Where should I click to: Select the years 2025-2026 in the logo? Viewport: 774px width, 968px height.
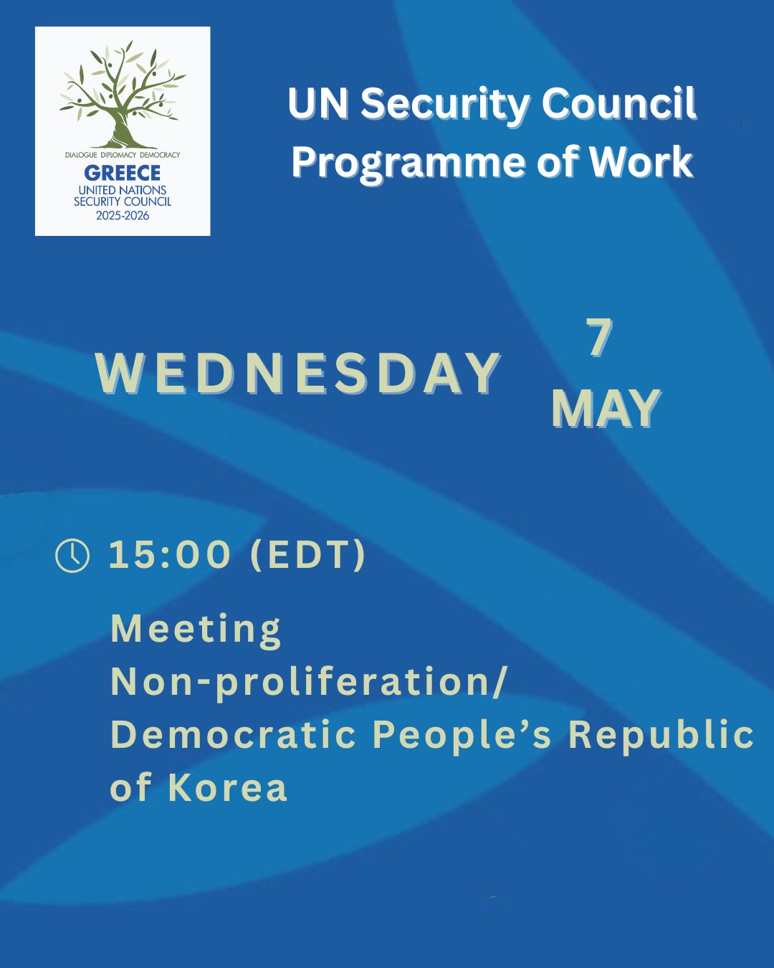[x=123, y=215]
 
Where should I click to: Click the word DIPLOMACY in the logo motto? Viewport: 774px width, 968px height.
[x=118, y=155]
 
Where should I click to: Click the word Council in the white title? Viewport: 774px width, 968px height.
[x=618, y=104]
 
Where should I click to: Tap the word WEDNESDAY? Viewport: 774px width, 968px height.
[x=297, y=374]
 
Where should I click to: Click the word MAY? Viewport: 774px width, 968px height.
[x=606, y=409]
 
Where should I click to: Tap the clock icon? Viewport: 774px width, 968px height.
[x=72, y=556]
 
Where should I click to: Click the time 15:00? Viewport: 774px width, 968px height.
[x=170, y=554]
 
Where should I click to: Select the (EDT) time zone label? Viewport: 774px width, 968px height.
[x=307, y=555]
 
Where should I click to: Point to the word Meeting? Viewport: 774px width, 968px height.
[x=196, y=630]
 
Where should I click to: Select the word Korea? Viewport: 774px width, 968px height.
[x=228, y=787]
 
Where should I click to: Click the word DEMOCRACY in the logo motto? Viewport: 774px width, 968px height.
[x=160, y=155]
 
